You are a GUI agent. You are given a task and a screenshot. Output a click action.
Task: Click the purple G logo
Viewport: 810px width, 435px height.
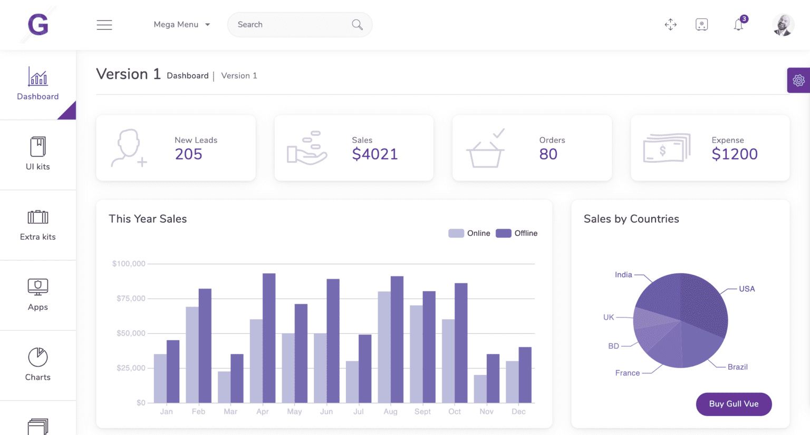tap(38, 25)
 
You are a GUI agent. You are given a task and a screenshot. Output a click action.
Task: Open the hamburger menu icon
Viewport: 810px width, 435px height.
tap(104, 25)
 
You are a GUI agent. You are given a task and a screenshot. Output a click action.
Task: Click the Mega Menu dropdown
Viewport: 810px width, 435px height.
tap(181, 25)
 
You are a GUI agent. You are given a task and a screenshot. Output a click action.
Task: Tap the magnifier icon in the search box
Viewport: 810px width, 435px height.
tap(357, 25)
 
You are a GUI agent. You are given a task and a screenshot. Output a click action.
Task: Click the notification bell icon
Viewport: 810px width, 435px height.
tap(739, 25)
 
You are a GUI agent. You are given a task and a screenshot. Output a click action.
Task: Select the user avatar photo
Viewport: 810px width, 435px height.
tap(783, 25)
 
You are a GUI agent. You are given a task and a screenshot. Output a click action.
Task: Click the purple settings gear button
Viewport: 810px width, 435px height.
tap(798, 80)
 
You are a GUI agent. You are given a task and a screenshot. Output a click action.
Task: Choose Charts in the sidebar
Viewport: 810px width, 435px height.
tap(38, 364)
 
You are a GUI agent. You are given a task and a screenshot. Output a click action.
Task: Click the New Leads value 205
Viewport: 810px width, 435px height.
tap(188, 154)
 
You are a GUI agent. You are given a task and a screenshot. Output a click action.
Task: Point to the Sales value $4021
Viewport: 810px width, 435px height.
tap(374, 154)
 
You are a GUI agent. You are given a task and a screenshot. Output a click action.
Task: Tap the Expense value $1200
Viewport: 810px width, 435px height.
tap(734, 154)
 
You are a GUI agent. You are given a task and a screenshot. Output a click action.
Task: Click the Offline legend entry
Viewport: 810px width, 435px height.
tap(517, 233)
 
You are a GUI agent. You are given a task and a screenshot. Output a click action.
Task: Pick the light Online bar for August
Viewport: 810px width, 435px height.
tap(384, 348)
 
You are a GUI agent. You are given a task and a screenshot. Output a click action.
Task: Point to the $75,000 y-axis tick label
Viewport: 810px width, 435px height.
tap(131, 299)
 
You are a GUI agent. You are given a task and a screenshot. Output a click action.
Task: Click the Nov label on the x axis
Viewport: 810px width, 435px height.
tap(486, 412)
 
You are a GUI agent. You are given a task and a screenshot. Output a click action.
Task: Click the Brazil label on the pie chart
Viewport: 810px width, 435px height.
tap(737, 367)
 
